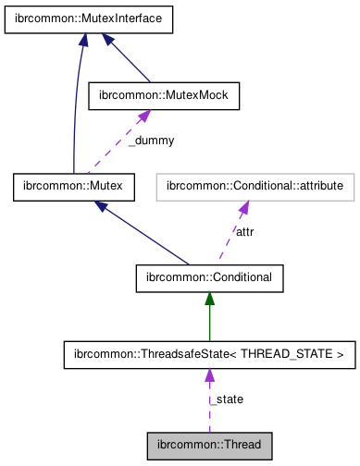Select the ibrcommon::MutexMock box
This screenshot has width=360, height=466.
(164, 94)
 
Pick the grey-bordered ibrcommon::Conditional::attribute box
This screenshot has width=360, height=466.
(254, 187)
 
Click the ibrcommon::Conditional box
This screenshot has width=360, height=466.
(209, 276)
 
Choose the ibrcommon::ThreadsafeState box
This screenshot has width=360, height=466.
(209, 353)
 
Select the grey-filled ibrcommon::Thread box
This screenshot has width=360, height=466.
(209, 444)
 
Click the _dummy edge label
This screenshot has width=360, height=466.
(150, 141)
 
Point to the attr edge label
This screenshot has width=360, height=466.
(244, 232)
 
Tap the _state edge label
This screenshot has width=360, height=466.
(226, 399)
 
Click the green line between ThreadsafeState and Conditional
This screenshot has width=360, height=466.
(209, 319)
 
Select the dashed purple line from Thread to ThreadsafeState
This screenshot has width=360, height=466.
(209, 407)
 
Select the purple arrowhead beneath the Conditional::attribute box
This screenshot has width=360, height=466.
(244, 207)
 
